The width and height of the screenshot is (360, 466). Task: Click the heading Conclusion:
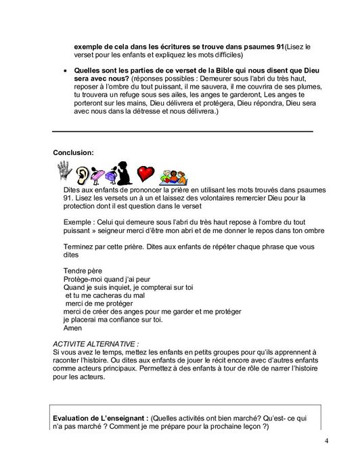(x=73, y=152)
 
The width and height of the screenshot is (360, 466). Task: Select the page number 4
(x=326, y=442)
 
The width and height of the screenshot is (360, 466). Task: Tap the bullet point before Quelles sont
(x=64, y=70)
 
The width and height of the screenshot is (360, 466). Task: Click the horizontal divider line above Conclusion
(x=183, y=130)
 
